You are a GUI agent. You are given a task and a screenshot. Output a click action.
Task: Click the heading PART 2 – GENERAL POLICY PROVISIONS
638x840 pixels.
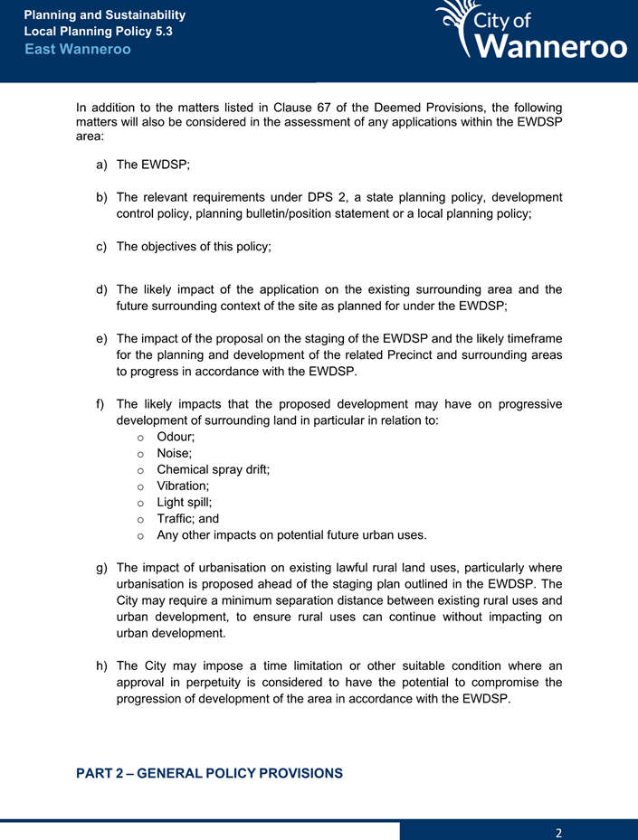coord(209,773)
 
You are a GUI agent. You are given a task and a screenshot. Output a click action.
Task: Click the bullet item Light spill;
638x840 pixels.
coord(185,502)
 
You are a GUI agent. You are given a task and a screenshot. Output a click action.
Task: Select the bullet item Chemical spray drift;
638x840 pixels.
coord(213,469)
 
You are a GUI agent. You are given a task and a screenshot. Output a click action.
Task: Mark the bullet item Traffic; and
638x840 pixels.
coord(187,518)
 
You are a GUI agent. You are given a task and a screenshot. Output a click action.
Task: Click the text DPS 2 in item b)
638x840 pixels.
coord(329,197)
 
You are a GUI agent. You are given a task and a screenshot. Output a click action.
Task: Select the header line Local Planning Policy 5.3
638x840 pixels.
coord(98,32)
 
